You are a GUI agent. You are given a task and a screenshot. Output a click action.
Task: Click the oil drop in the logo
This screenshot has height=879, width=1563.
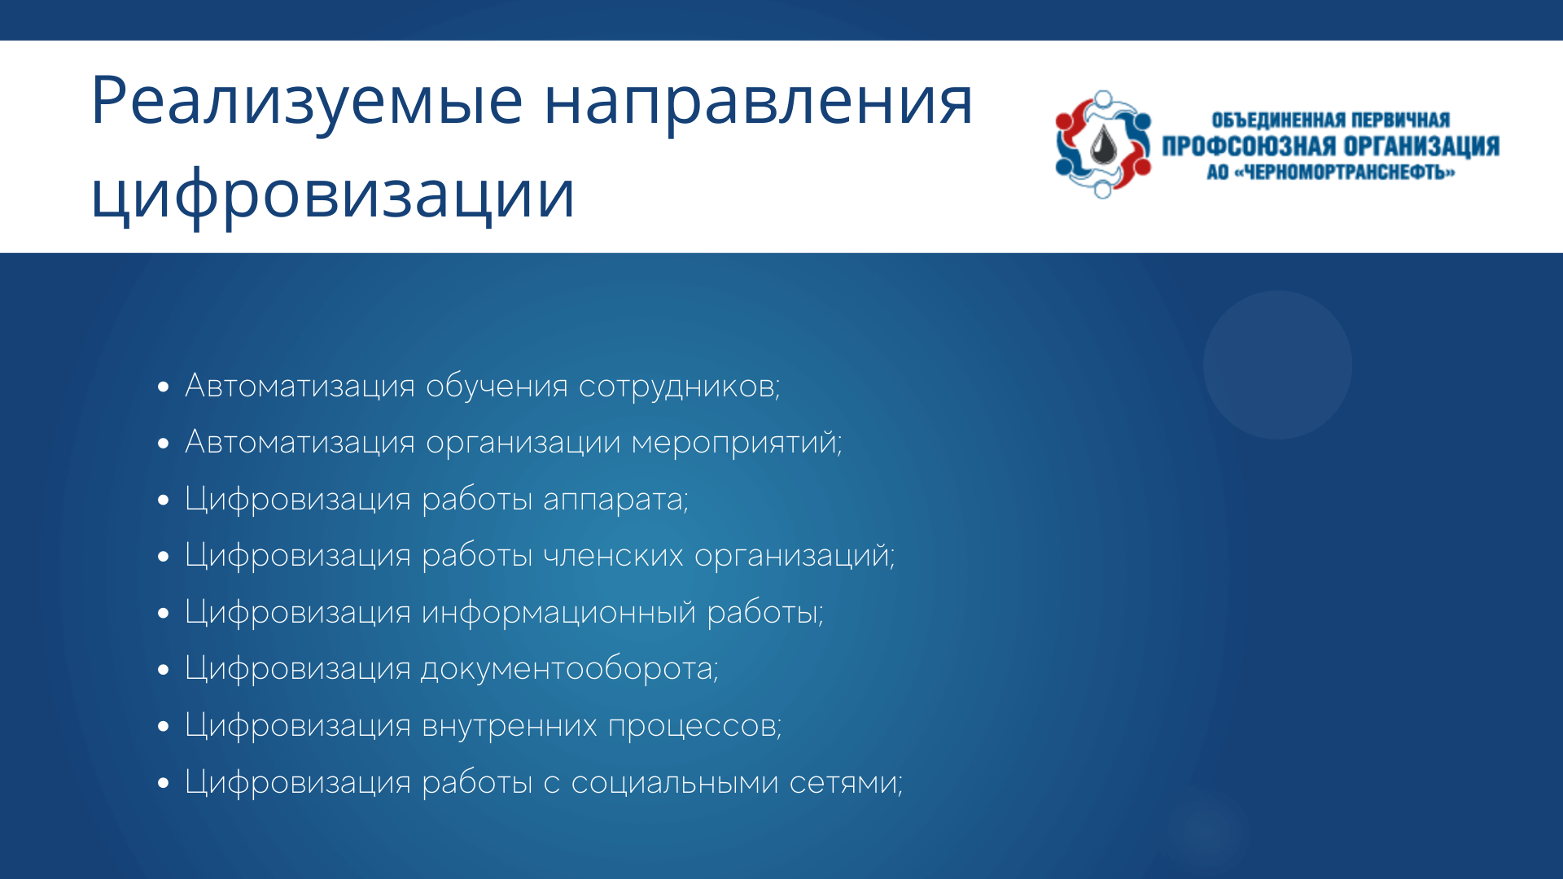coord(1103,145)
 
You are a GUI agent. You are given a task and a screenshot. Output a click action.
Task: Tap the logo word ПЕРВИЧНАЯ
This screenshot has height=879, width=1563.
coord(1400,120)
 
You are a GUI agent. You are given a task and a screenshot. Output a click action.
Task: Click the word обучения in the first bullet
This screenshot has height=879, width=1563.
coord(497,387)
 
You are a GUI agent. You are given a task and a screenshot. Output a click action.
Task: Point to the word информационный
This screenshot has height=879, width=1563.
coord(558,613)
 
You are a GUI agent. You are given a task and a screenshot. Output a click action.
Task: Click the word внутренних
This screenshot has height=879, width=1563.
coord(510,726)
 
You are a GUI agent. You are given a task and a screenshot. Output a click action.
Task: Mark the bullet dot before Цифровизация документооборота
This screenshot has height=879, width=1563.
coord(164,670)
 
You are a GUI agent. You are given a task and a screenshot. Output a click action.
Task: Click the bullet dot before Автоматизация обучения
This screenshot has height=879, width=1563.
coord(164,387)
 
